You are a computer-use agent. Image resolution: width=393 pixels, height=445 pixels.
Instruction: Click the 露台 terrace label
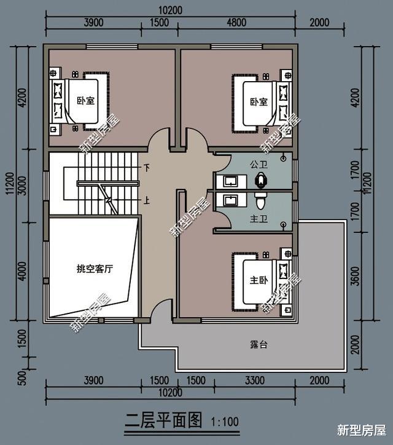pos(259,344)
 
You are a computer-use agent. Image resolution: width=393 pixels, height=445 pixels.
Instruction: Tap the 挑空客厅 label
pos(95,269)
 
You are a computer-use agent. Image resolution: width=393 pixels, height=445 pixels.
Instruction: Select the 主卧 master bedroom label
pos(259,280)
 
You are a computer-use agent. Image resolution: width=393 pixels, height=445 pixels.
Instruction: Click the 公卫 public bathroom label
pos(259,164)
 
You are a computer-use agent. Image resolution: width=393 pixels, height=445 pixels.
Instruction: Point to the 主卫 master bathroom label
pos(259,219)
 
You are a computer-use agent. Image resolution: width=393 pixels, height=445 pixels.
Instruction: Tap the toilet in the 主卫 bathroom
pos(260,200)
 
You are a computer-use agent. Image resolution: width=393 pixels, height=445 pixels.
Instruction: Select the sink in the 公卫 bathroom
pos(230,181)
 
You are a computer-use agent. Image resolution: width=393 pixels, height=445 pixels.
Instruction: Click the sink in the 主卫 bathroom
pos(230,200)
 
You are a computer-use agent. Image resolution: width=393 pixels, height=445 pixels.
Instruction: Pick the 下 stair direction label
pos(146,168)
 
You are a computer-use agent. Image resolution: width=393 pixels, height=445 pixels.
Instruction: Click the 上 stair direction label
pos(146,200)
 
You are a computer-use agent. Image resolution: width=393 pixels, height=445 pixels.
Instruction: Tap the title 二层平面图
pos(163,420)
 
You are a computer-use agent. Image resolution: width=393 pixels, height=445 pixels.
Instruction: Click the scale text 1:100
pos(225,422)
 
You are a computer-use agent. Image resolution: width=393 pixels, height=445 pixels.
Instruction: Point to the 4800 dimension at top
pos(236,22)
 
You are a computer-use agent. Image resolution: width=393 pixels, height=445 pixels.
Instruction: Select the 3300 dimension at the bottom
pos(255,380)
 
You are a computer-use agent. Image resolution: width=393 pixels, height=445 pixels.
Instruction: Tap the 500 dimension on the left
pos(22,378)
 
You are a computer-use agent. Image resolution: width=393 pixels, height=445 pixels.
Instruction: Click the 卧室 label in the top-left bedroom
pos(85,100)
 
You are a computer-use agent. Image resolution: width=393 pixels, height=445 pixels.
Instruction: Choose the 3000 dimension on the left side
pos(22,186)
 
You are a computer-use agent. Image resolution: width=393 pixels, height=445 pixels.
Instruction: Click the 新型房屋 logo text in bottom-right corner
pos(362,430)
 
